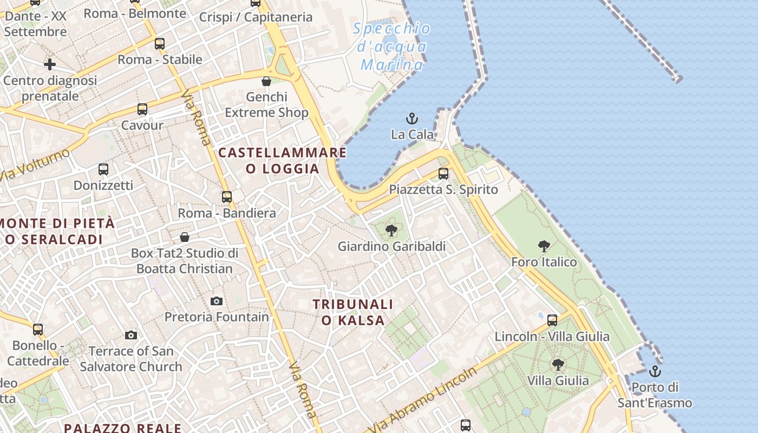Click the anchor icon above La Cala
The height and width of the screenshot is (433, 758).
(x=413, y=118)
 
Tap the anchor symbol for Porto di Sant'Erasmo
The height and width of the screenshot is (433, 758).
(x=655, y=371)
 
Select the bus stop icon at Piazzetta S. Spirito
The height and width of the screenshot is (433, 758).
(x=443, y=174)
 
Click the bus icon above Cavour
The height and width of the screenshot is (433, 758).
(x=142, y=109)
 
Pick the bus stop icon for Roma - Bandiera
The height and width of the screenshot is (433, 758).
(x=227, y=197)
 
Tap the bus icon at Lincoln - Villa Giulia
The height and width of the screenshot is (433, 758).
(x=552, y=320)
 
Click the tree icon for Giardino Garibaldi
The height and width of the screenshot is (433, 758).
(x=391, y=231)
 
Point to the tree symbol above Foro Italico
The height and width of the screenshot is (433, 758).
(x=544, y=247)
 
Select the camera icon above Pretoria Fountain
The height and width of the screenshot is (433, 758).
(x=217, y=301)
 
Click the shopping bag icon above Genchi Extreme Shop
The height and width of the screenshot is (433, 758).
(x=266, y=82)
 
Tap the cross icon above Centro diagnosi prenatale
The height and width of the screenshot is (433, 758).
(x=50, y=65)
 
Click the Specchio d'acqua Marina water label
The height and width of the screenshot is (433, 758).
(x=393, y=47)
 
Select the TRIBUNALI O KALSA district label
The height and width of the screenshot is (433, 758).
(x=353, y=312)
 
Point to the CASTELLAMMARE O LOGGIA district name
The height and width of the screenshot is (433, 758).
(x=282, y=160)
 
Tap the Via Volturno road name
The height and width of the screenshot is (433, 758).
(x=35, y=165)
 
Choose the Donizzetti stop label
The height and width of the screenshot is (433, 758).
(x=103, y=185)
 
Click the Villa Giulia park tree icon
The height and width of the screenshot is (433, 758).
(x=558, y=365)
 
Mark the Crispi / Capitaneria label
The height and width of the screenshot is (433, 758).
(x=256, y=17)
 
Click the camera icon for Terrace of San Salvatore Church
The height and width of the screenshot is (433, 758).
(x=130, y=336)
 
